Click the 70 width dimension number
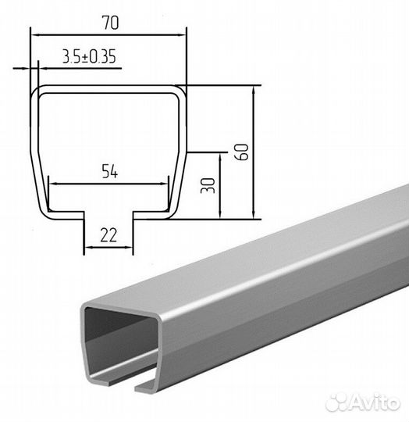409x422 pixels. pos(111,23)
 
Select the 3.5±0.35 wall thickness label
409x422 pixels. pos(89,56)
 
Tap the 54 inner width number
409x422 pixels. pos(109,172)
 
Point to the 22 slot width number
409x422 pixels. pos(108,235)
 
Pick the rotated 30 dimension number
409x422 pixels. pos(208,185)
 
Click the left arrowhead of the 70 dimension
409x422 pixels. pos(35,35)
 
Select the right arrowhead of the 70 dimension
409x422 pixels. pos(181,35)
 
